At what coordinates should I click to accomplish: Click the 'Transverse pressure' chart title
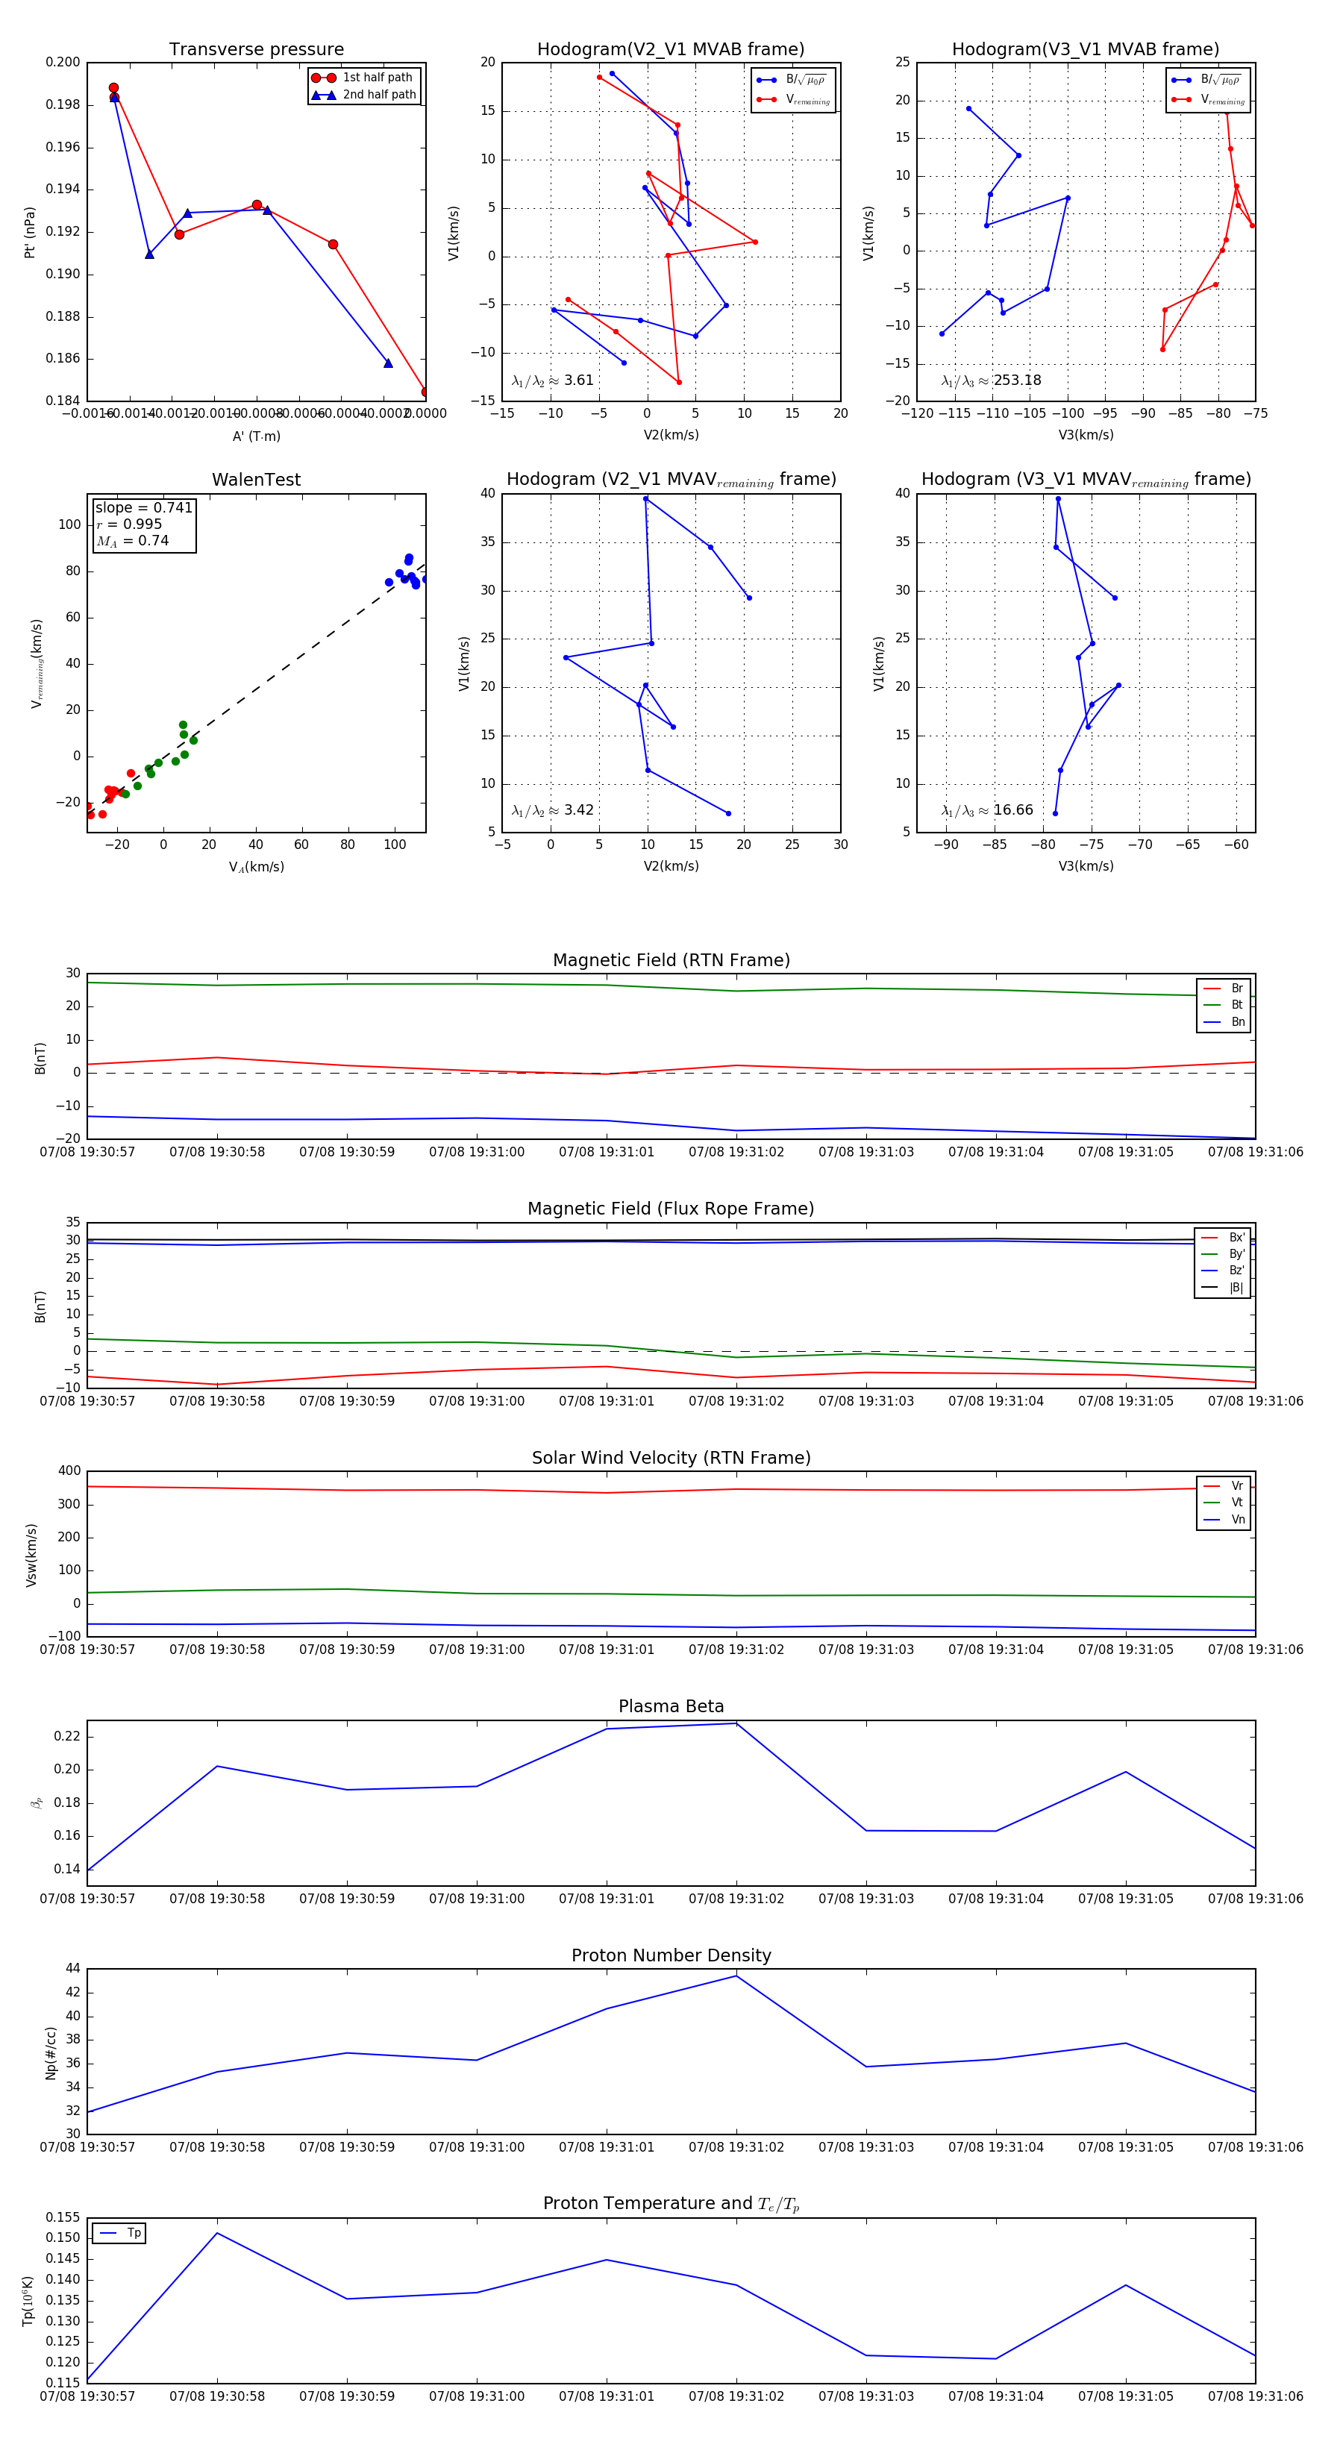[x=256, y=50]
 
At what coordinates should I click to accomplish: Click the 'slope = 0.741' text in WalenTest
[x=143, y=507]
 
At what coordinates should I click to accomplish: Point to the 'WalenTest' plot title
[x=256, y=480]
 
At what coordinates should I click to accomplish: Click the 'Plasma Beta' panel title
[x=671, y=1707]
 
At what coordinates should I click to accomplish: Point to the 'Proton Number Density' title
[x=671, y=1955]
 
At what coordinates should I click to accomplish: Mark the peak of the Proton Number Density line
[x=736, y=1976]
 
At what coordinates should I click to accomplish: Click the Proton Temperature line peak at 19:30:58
[x=217, y=2234]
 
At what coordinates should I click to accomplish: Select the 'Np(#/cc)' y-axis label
[x=51, y=2053]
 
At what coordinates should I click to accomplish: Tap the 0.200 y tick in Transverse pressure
[x=63, y=62]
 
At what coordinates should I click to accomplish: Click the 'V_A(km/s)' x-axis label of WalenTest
[x=256, y=867]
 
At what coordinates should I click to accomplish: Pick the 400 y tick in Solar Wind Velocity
[x=70, y=1471]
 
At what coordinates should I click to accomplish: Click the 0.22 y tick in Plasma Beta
[x=67, y=1737]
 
